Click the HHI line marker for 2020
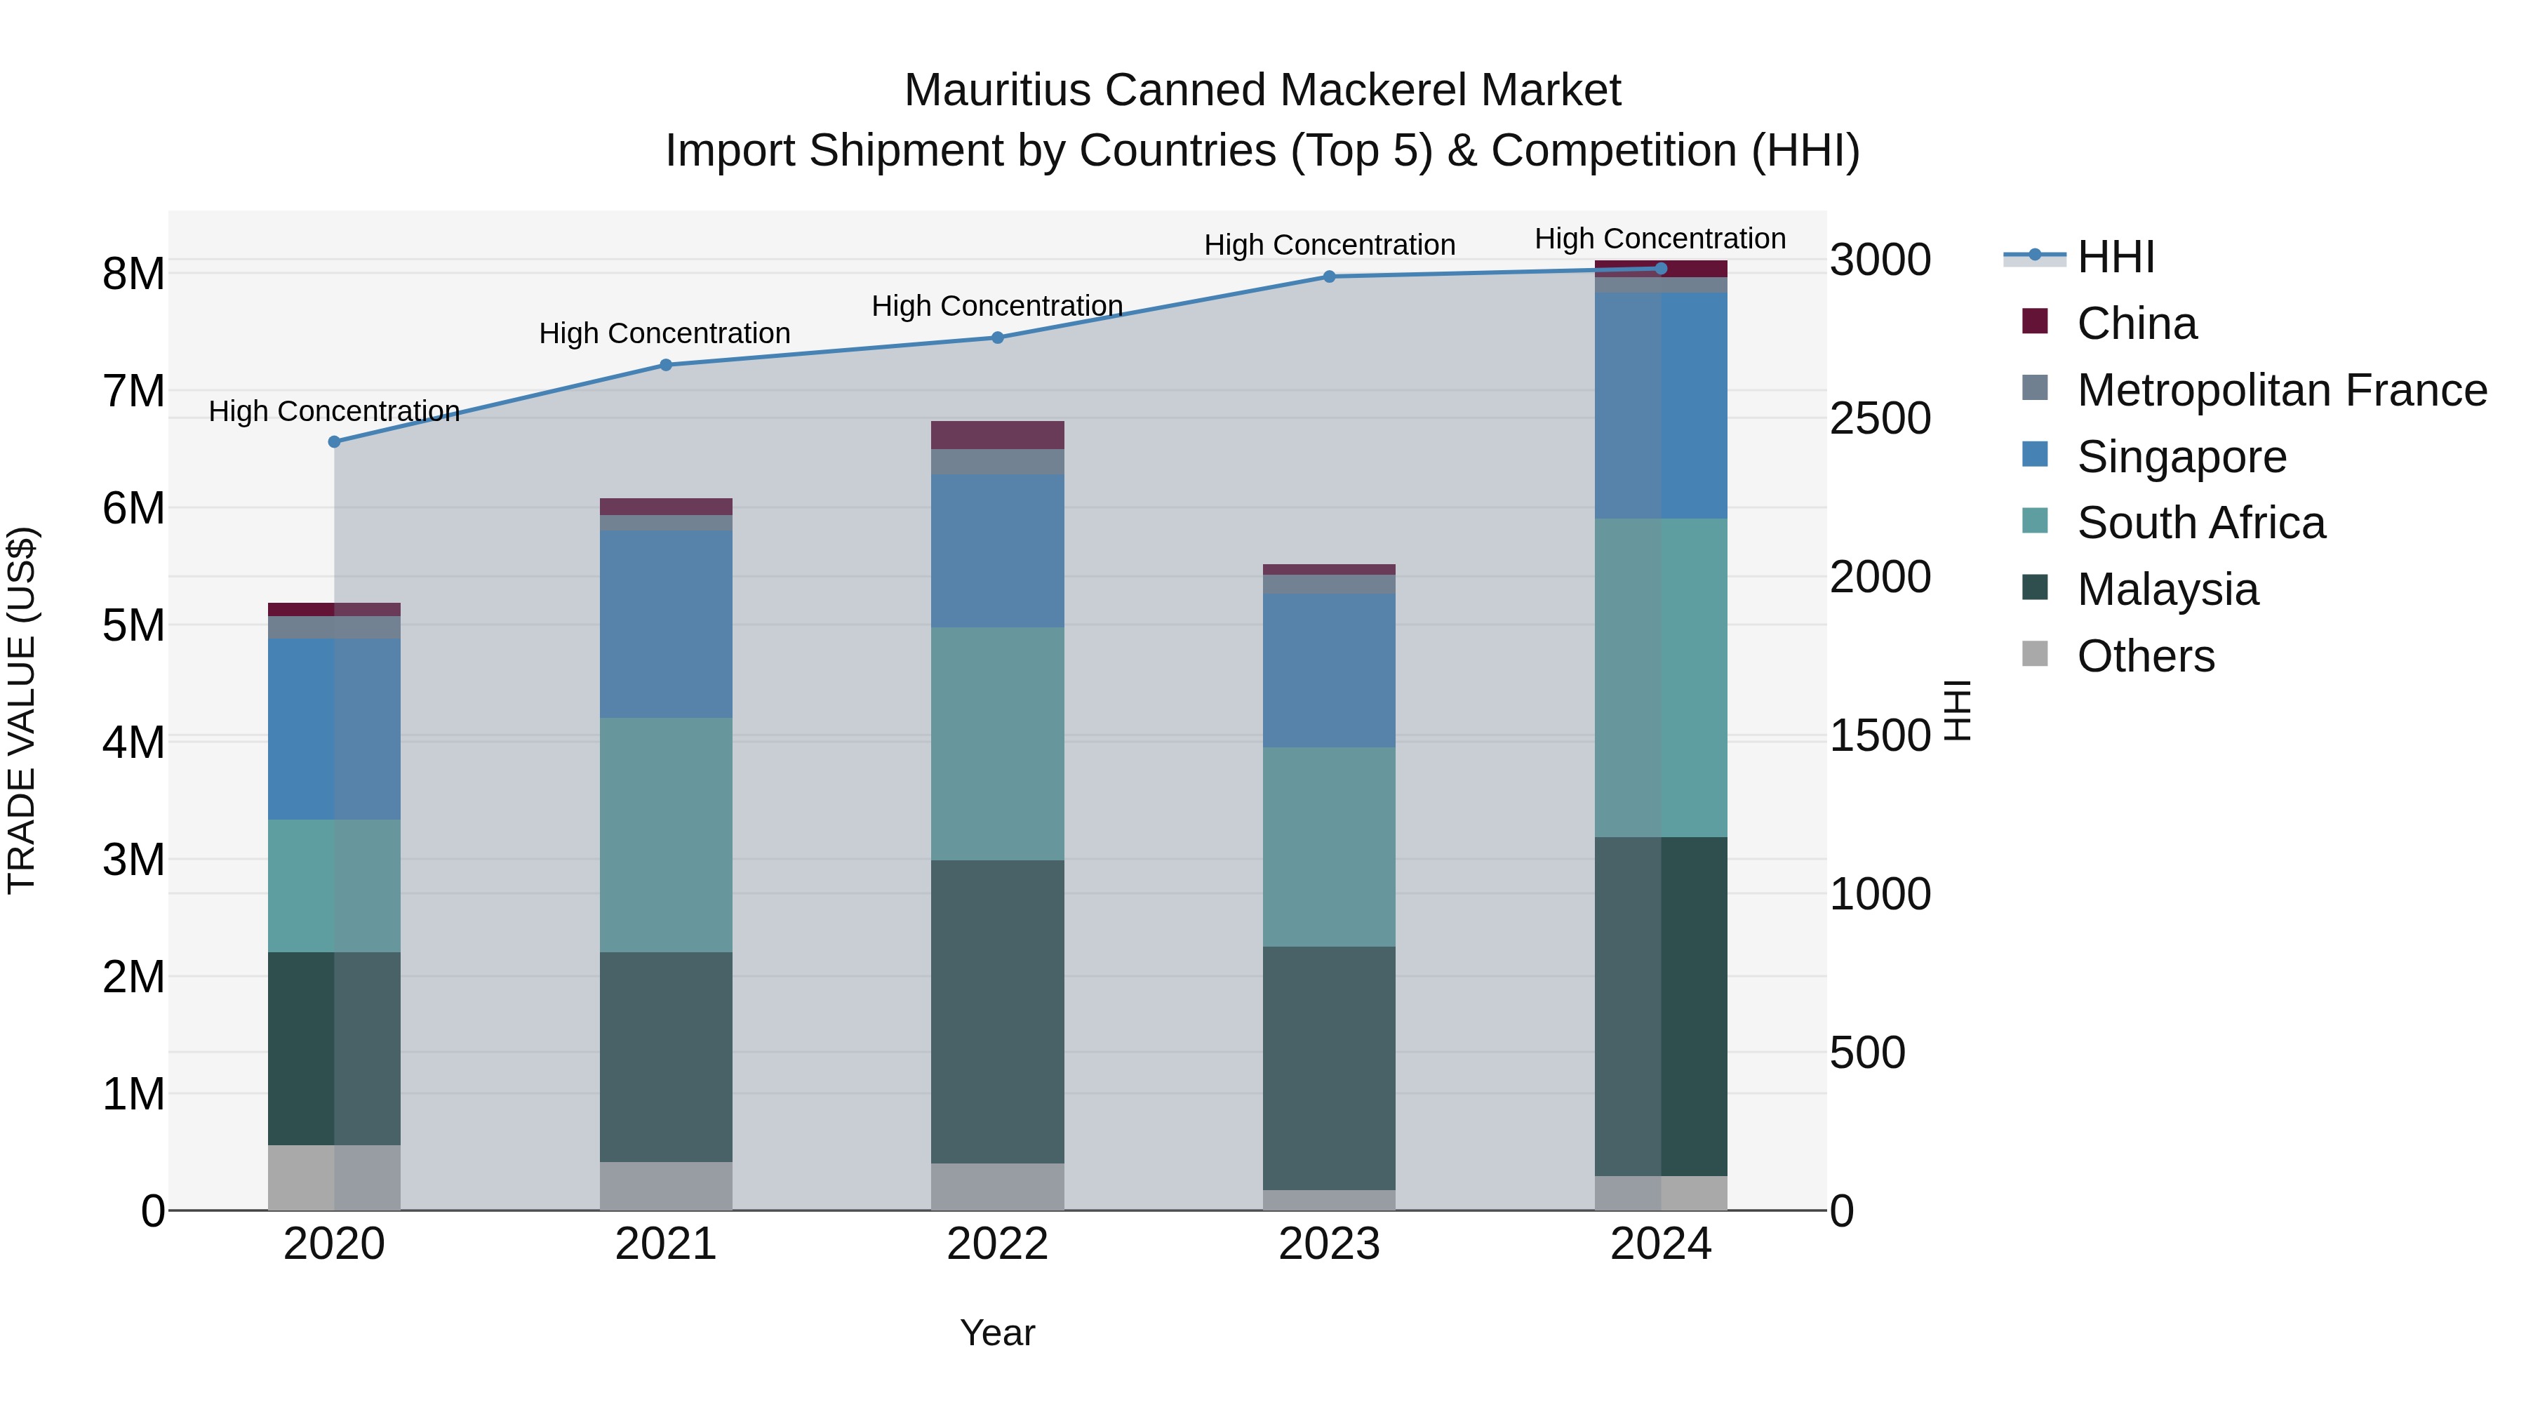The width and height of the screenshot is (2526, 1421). click(x=335, y=442)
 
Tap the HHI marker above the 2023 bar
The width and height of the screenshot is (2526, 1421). click(x=1330, y=276)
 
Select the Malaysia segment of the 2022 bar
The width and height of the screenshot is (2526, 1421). click(x=997, y=1010)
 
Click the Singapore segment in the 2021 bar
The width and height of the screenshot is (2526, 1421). click(x=666, y=624)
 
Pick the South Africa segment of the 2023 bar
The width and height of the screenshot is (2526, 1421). click(x=1330, y=846)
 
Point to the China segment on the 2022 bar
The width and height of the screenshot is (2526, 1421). click(x=997, y=435)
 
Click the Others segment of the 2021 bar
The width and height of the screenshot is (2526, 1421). click(x=666, y=1186)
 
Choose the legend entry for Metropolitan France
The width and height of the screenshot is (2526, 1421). click(x=2281, y=390)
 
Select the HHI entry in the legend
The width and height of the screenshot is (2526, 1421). click(x=2115, y=257)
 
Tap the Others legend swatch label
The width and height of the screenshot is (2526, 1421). click(x=2146, y=656)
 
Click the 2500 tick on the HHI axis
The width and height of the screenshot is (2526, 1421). click(x=1880, y=419)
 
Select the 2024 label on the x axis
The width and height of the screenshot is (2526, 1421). click(x=1660, y=1244)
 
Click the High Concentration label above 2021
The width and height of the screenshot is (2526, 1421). click(x=665, y=333)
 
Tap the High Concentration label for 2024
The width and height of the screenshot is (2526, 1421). click(x=1660, y=239)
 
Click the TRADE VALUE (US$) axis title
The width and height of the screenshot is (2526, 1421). click(x=22, y=710)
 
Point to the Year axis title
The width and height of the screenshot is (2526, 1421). click(x=997, y=1333)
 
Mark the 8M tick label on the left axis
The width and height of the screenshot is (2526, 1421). click(x=134, y=274)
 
